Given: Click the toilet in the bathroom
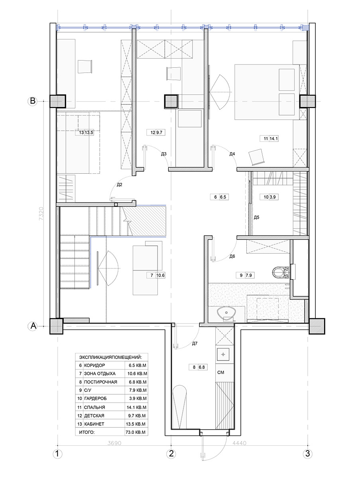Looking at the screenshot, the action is coord(281,272).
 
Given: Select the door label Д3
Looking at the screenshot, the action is coord(164,154).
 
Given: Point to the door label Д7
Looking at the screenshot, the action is coord(195,343).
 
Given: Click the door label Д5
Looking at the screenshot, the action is coord(256,217).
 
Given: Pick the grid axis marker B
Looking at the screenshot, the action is coord(33,101).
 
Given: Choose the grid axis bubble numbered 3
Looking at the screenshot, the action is coord(307,453).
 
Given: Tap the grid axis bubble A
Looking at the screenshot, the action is coord(33,326).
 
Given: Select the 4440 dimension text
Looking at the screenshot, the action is coord(239,443).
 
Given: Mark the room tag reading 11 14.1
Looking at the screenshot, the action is coord(269,139).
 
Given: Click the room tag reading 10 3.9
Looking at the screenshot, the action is coord(270,197).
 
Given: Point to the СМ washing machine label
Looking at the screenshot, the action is coord(220,372).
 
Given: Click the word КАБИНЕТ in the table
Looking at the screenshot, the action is coord(94,424).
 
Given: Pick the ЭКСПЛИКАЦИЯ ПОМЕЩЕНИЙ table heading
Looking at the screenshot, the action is coord(110,357).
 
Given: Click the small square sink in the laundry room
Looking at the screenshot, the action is coord(223,355).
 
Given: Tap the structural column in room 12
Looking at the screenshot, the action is coord(171,101).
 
